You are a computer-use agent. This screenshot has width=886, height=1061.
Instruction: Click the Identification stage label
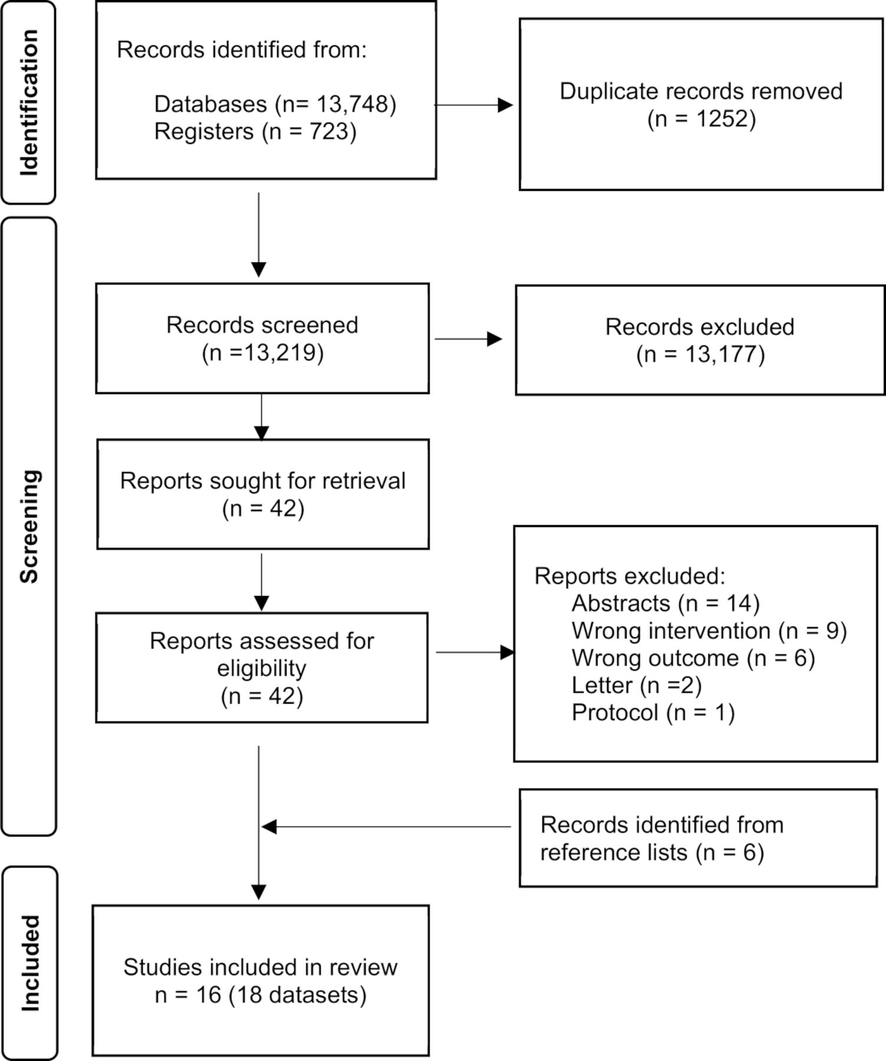(29, 103)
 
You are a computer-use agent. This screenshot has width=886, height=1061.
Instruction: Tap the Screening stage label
(29, 526)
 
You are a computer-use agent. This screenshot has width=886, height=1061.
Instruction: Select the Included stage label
(30, 963)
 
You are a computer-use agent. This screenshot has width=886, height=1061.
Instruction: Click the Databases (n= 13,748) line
(275, 104)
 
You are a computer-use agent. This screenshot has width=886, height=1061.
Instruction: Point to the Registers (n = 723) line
(255, 131)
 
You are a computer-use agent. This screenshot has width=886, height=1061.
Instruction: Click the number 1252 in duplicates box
(721, 118)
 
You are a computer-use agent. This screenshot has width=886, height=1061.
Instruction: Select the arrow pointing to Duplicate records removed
(474, 105)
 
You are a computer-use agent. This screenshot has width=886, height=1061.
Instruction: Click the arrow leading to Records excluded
(468, 339)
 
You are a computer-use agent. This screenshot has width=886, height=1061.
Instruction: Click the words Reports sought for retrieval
(263, 480)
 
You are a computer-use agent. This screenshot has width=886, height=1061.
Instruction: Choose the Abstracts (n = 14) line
(666, 603)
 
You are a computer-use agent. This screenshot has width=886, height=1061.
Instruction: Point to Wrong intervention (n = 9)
(709, 631)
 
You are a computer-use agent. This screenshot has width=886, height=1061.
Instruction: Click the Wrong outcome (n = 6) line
(693, 658)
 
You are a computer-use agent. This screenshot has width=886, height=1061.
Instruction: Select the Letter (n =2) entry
(637, 685)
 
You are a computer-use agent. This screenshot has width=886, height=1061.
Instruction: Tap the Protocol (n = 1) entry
(653, 713)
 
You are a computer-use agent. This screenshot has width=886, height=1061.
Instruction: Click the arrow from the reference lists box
(386, 827)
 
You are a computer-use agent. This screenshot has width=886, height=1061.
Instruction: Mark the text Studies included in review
(261, 967)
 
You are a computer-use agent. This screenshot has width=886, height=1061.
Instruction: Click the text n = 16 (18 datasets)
(261, 995)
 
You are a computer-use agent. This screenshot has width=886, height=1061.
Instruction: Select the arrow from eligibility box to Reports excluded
(475, 653)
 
